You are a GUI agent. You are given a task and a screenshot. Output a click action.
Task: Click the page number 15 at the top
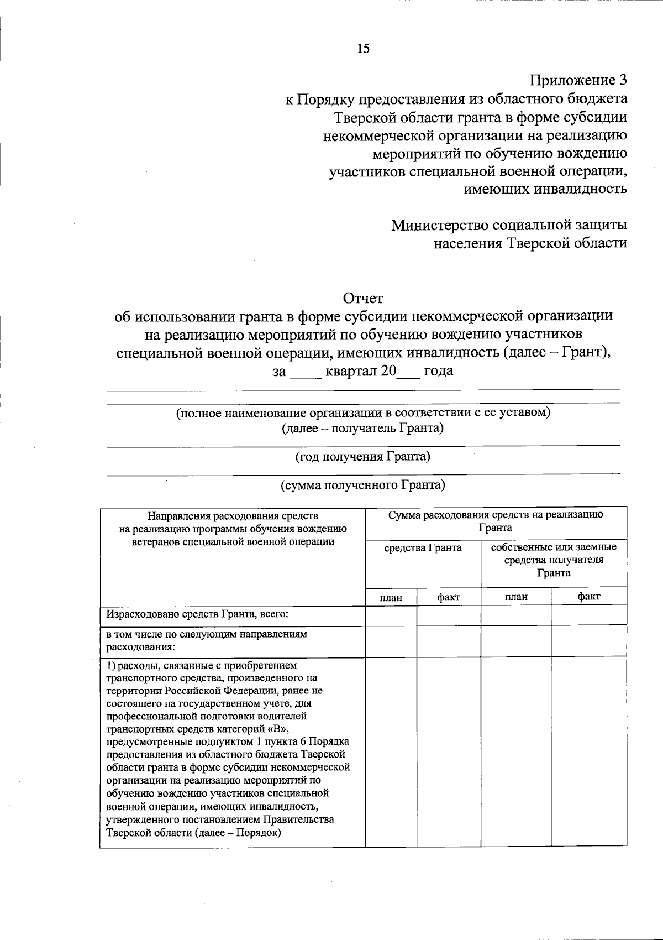(363, 49)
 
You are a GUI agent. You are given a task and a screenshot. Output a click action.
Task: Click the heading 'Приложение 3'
(578, 81)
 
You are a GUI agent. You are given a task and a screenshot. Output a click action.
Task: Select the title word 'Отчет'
(363, 299)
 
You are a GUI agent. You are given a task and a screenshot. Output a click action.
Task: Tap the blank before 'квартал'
(305, 372)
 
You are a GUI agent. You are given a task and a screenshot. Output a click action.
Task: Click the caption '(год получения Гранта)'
(363, 457)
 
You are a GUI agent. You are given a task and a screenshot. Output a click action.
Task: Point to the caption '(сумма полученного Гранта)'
(363, 485)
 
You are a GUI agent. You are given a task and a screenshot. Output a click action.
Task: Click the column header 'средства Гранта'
(423, 548)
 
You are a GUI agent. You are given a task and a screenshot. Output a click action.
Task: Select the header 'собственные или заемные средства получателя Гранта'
(554, 560)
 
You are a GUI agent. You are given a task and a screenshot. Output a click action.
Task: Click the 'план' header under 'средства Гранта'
(391, 597)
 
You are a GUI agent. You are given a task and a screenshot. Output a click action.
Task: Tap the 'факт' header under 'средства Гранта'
(448, 597)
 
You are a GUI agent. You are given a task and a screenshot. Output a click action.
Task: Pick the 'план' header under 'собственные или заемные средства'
(515, 597)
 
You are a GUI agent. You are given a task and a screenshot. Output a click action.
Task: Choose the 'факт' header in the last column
(588, 597)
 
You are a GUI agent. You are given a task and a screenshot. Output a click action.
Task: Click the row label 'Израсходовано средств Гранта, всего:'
(198, 614)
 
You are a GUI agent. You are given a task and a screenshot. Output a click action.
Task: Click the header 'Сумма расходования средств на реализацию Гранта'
(495, 521)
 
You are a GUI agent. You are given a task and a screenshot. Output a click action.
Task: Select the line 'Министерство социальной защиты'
(509, 226)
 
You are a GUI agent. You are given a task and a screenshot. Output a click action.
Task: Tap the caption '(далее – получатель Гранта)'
(363, 429)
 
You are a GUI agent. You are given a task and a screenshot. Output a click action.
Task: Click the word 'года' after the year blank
(438, 371)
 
